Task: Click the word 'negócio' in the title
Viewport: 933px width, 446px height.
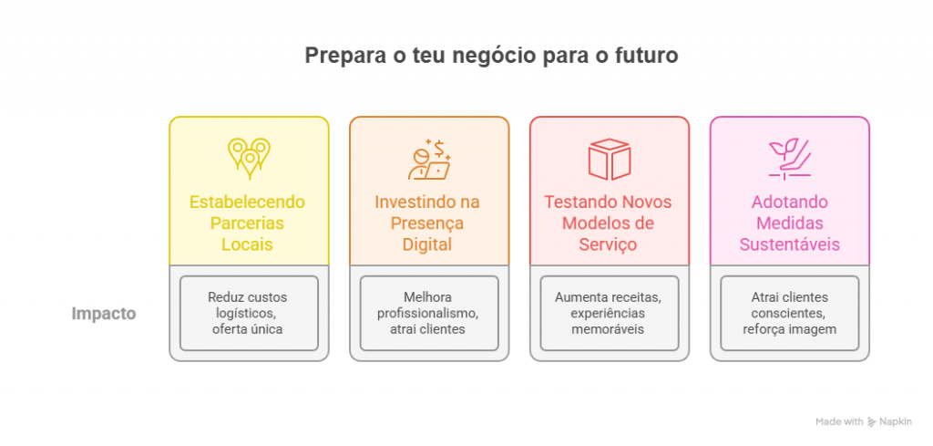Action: tap(503, 56)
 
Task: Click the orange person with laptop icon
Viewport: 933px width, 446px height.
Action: tap(429, 159)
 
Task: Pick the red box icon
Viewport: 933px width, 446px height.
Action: tap(610, 159)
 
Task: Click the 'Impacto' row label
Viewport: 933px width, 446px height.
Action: tap(104, 314)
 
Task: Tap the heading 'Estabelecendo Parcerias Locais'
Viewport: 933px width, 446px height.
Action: tap(248, 223)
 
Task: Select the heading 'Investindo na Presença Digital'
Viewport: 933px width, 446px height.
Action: tap(428, 223)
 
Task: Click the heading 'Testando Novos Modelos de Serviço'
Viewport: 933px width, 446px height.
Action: tap(609, 223)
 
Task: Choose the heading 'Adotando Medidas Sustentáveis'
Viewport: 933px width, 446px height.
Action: tap(789, 223)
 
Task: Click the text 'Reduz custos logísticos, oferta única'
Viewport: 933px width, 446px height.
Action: tap(248, 313)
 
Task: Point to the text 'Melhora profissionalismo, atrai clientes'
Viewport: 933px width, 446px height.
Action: tap(428, 313)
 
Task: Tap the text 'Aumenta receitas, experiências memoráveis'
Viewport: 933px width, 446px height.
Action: tap(609, 313)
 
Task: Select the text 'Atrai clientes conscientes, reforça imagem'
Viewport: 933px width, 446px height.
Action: tap(789, 313)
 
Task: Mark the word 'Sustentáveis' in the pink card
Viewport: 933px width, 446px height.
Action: tap(789, 244)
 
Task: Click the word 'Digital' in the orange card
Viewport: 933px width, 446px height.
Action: tap(428, 244)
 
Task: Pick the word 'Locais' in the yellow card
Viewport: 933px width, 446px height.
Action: tap(248, 244)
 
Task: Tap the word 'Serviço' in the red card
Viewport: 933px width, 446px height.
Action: tap(609, 244)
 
